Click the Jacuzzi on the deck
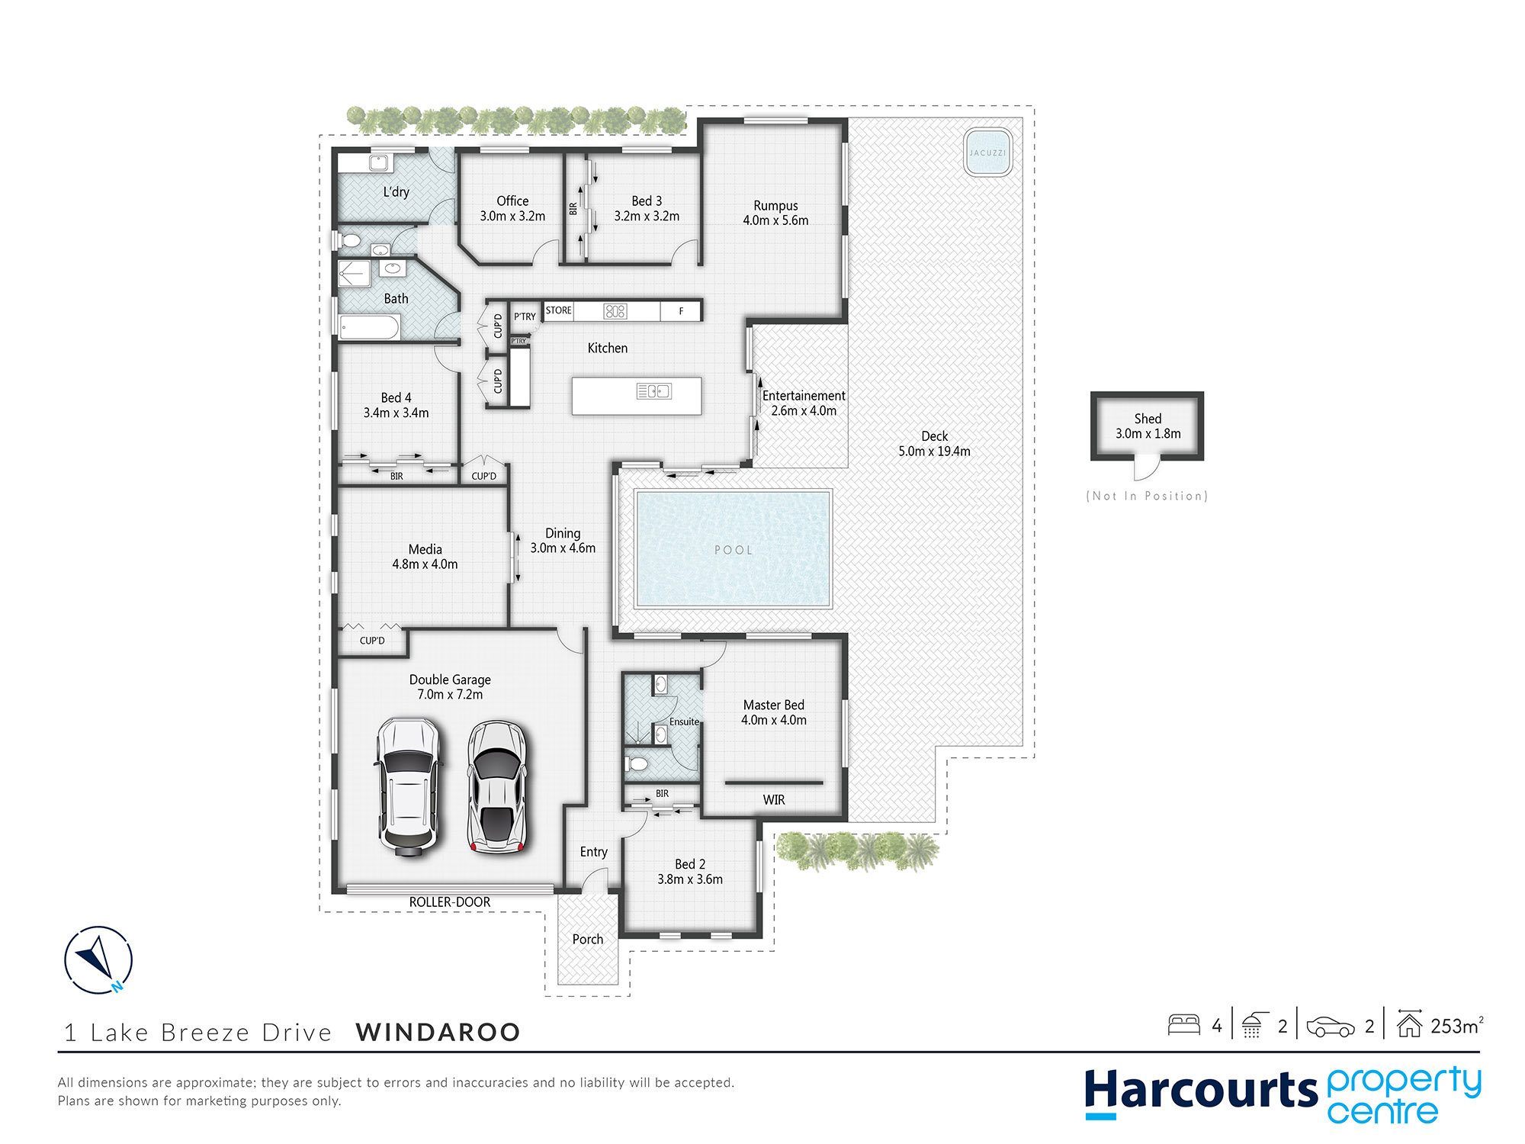pos(987,153)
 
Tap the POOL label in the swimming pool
pos(734,550)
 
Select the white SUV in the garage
pos(409,788)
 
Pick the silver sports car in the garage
pos(497,786)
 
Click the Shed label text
pos(1148,419)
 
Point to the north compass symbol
pos(98,959)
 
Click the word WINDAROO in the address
pos(438,1032)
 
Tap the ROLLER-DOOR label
pos(450,902)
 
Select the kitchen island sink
pos(654,391)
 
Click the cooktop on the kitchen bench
pos(615,311)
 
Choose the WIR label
pos(774,800)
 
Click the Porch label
pos(588,940)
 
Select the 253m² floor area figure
pos(1457,1026)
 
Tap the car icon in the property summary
pos(1331,1027)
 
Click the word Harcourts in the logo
pos(1201,1091)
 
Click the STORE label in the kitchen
pos(558,310)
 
